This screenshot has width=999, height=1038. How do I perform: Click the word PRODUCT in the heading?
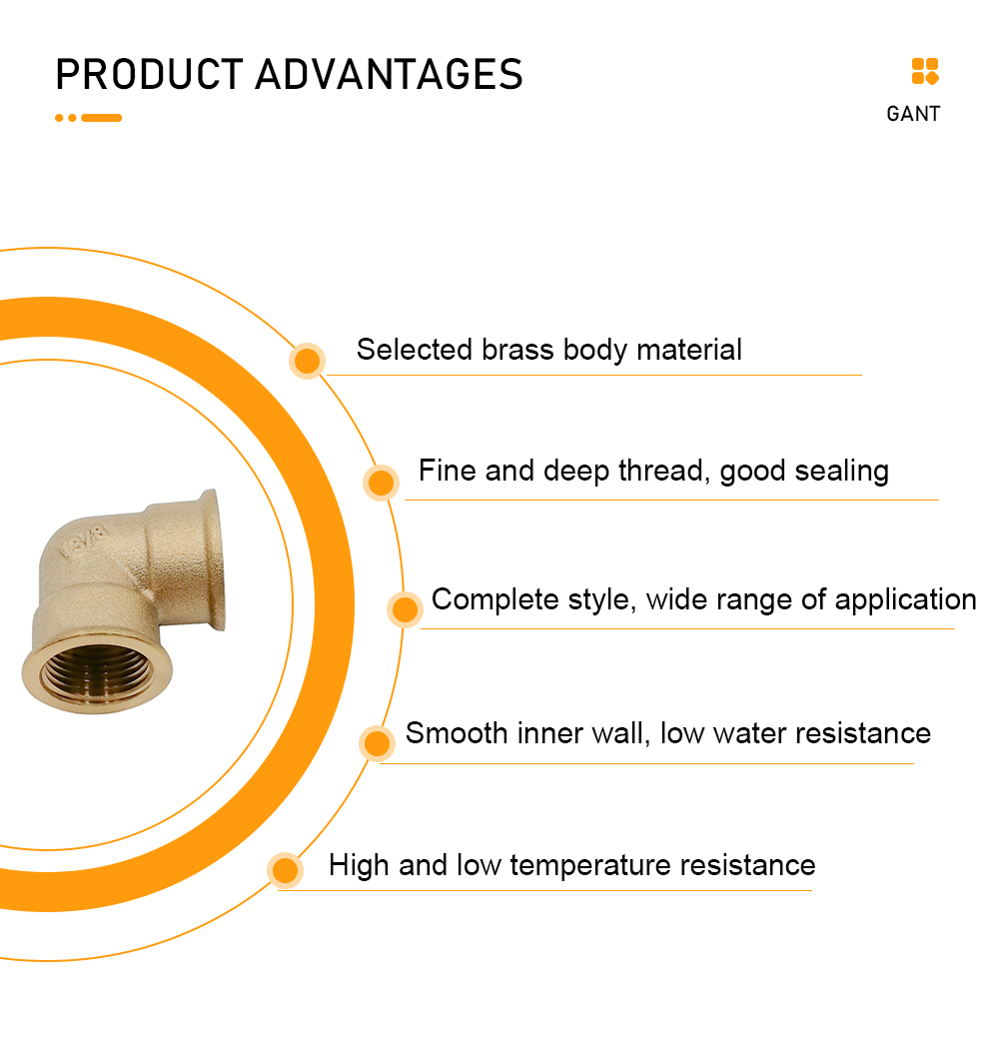click(150, 74)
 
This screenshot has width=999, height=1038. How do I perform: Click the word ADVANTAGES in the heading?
click(390, 74)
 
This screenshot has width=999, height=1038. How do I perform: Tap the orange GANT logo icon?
click(925, 72)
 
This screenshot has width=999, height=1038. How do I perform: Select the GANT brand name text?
click(913, 114)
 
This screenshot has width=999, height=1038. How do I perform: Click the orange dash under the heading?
click(101, 118)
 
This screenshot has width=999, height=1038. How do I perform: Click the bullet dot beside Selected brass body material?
click(307, 361)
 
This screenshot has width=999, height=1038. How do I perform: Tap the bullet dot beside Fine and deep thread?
click(381, 483)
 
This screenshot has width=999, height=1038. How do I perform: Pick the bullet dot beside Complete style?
click(405, 609)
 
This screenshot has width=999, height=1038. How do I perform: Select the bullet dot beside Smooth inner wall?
click(377, 742)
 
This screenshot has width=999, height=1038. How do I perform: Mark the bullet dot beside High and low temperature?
click(286, 870)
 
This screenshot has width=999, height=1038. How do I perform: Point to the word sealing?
click(841, 472)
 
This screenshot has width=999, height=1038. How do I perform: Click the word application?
click(906, 600)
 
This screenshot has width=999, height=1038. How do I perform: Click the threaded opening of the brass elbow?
click(97, 672)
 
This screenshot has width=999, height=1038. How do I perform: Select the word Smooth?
click(457, 733)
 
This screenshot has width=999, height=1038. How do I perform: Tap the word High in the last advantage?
click(359, 866)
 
